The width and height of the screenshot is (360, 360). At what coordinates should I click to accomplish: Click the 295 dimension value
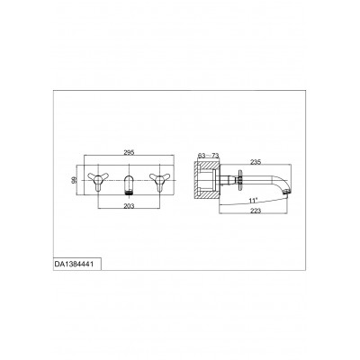129,152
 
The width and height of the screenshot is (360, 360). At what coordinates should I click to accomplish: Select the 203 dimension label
129,206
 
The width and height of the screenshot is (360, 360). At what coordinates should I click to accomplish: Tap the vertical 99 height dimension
75,180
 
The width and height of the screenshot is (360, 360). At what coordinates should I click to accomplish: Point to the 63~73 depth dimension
209,156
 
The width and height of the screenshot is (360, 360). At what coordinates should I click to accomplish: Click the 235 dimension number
256,162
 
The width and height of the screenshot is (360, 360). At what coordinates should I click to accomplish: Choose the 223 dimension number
256,211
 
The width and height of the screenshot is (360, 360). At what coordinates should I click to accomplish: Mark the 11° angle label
254,201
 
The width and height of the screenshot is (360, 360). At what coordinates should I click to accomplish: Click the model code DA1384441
74,265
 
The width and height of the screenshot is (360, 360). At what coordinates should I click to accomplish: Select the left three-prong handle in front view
96,181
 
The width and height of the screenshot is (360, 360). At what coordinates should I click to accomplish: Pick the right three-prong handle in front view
159,181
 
